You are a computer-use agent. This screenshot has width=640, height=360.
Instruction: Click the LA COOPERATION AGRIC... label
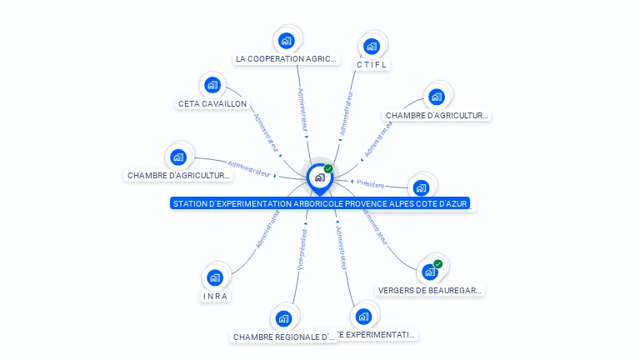click(x=287, y=59)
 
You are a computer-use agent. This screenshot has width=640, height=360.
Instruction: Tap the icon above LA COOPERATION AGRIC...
click(x=287, y=40)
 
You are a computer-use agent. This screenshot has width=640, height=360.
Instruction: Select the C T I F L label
click(x=372, y=65)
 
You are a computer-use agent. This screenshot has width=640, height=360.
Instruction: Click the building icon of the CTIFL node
click(x=372, y=46)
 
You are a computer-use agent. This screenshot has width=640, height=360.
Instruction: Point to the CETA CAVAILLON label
click(x=212, y=104)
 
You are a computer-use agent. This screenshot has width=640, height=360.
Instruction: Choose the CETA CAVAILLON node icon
click(x=212, y=84)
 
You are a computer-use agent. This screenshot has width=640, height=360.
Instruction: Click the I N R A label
click(x=215, y=296)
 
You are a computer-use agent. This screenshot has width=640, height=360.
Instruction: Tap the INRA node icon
click(x=215, y=277)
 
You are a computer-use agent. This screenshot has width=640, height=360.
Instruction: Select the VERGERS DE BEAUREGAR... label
click(x=430, y=291)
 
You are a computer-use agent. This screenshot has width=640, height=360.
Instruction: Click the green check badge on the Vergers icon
click(x=437, y=264)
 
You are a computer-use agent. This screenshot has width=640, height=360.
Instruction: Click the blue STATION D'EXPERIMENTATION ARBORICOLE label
click(x=320, y=203)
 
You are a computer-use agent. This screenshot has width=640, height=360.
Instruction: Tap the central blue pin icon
click(x=320, y=177)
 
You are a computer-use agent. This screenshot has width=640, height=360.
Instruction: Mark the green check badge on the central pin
click(x=328, y=168)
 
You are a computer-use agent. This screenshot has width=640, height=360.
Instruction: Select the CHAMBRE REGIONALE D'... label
click(x=284, y=337)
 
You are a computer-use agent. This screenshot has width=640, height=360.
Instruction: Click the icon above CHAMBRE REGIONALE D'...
click(x=283, y=318)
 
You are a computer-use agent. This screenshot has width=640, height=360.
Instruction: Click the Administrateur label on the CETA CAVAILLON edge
click(x=266, y=132)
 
